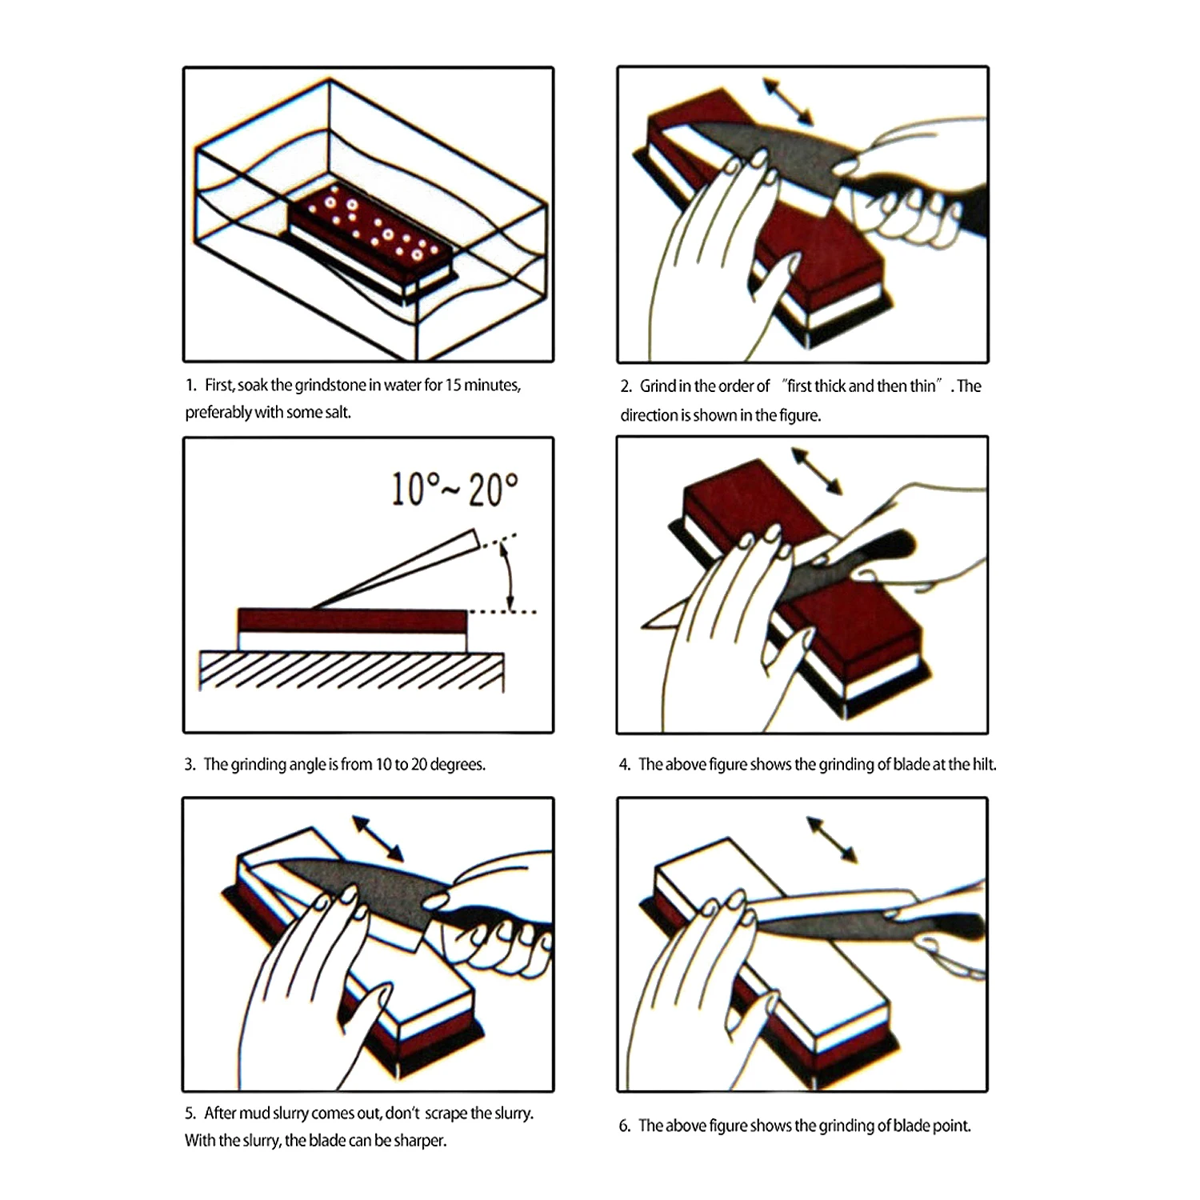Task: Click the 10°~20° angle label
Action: (454, 489)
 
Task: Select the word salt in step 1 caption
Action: (337, 413)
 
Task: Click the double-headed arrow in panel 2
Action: (788, 102)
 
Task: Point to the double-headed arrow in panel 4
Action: (816, 471)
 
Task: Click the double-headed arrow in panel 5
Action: (378, 838)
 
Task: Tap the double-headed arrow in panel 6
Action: (832, 839)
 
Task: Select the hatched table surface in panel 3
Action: (352, 670)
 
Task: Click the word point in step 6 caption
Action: (951, 1126)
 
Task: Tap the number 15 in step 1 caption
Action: (453, 386)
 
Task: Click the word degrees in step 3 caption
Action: (457, 765)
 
